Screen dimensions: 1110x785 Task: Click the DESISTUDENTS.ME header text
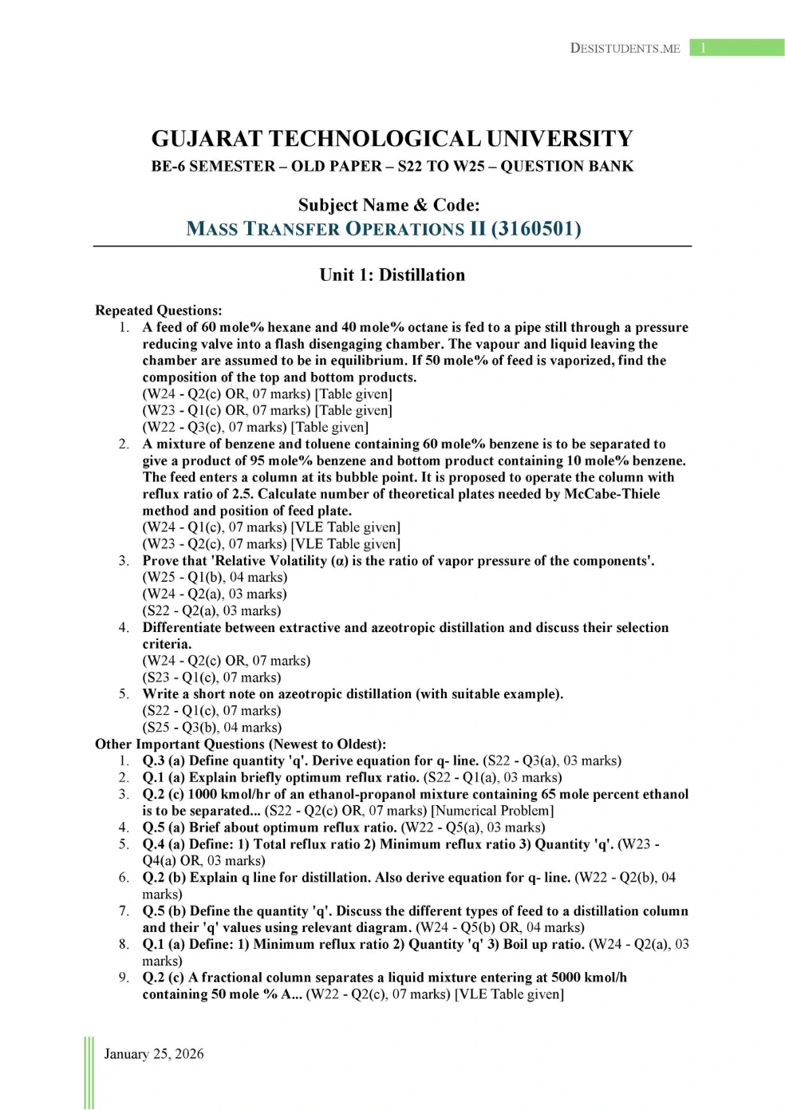[625, 49]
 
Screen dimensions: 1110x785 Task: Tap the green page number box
[736, 48]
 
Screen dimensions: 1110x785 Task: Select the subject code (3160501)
[536, 229]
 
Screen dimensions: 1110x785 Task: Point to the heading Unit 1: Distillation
[392, 275]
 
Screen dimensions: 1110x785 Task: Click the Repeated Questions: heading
[158, 310]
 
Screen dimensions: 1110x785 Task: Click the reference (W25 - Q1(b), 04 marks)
[215, 577]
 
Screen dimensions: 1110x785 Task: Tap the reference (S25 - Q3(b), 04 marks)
[211, 727]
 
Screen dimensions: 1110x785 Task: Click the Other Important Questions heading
[240, 744]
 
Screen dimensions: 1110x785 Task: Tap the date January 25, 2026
[154, 1053]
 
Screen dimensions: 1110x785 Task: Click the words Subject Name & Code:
[389, 205]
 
